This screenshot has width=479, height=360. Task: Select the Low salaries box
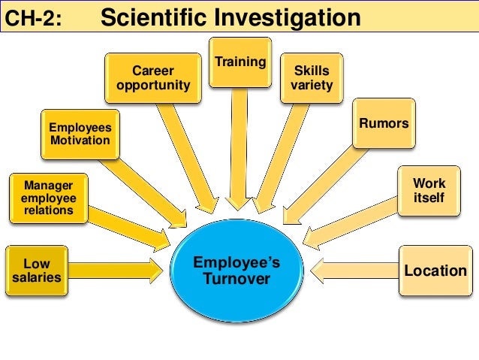point(36,271)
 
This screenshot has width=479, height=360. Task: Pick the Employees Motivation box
point(79,134)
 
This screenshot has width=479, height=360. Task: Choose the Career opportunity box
point(152,77)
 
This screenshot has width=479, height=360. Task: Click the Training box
point(239,62)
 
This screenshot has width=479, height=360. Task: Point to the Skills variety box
point(311,78)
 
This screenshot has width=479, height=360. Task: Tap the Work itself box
point(429,189)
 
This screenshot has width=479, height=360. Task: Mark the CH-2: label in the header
point(32,19)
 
